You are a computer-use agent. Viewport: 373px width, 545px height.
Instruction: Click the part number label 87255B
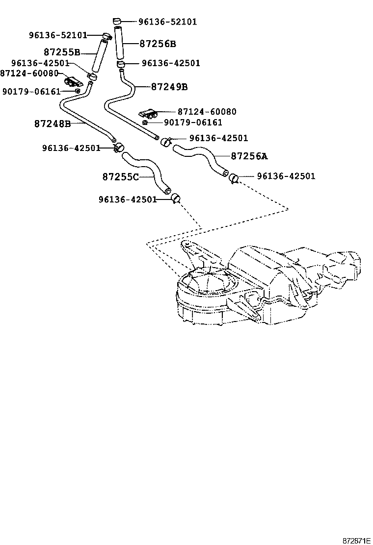tap(61, 52)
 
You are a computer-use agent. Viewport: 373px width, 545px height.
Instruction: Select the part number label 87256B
tap(158, 44)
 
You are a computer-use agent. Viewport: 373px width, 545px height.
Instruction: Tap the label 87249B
tap(169, 87)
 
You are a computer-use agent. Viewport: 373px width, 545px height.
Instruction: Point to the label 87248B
tap(53, 124)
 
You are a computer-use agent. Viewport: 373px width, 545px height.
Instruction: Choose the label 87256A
tap(249, 156)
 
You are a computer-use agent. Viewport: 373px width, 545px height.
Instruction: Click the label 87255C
tap(121, 176)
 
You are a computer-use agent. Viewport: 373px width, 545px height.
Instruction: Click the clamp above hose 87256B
tap(116, 21)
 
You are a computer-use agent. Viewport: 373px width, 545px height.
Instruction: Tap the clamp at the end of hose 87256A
tap(234, 177)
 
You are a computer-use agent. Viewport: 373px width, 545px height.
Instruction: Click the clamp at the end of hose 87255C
tap(175, 198)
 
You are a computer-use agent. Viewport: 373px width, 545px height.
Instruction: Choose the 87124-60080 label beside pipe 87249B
tap(207, 112)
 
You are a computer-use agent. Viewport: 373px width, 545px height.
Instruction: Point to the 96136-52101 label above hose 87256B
tap(167, 22)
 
